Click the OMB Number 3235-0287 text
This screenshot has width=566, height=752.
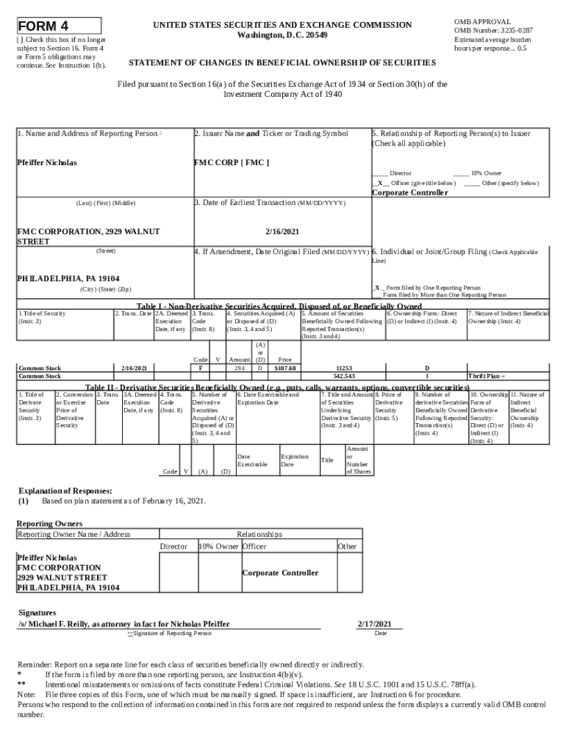pyautogui.click(x=493, y=30)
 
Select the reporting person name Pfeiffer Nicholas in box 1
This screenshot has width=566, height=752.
pyautogui.click(x=47, y=162)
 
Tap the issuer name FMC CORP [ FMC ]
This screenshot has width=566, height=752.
pyautogui.click(x=232, y=162)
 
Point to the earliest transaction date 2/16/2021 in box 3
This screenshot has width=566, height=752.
pyautogui.click(x=282, y=230)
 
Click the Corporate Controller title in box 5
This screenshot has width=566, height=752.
pyautogui.click(x=409, y=192)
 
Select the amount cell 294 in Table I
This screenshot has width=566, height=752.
pyautogui.click(x=239, y=368)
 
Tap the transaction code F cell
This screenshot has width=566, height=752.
pyautogui.click(x=201, y=368)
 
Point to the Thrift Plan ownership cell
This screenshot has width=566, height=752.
pyautogui.click(x=487, y=376)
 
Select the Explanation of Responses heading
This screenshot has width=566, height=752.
pyautogui.click(x=65, y=490)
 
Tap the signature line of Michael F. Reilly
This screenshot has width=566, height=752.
pyautogui.click(x=123, y=623)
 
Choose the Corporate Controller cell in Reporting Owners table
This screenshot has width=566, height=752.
pyautogui.click(x=280, y=572)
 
